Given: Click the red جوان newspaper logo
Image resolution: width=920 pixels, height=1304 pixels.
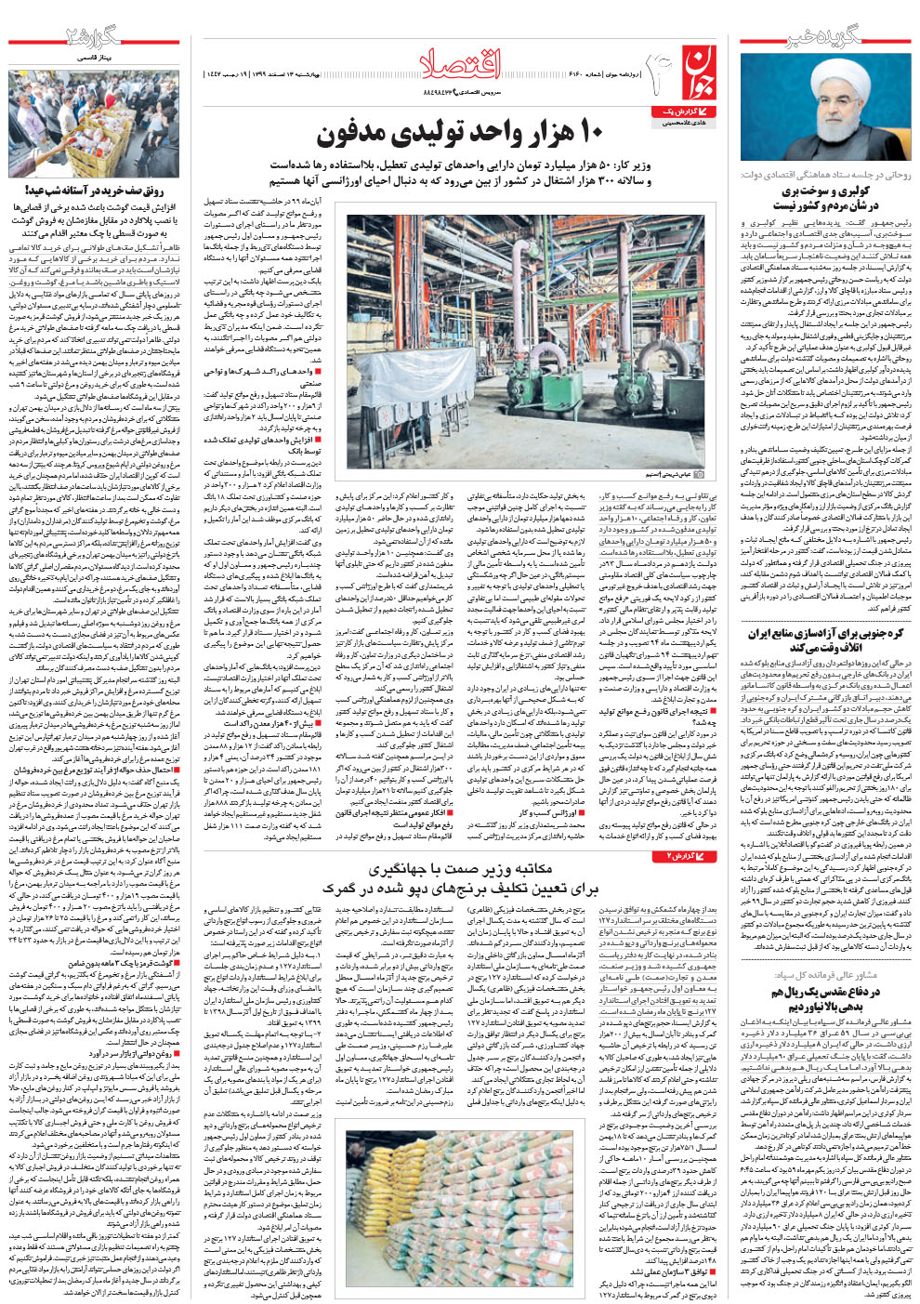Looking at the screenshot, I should (700, 72).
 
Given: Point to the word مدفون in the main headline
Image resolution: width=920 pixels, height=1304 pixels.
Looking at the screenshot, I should (361, 135).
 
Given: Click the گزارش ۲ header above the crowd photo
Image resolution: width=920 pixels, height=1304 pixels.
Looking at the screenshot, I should (93, 38).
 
